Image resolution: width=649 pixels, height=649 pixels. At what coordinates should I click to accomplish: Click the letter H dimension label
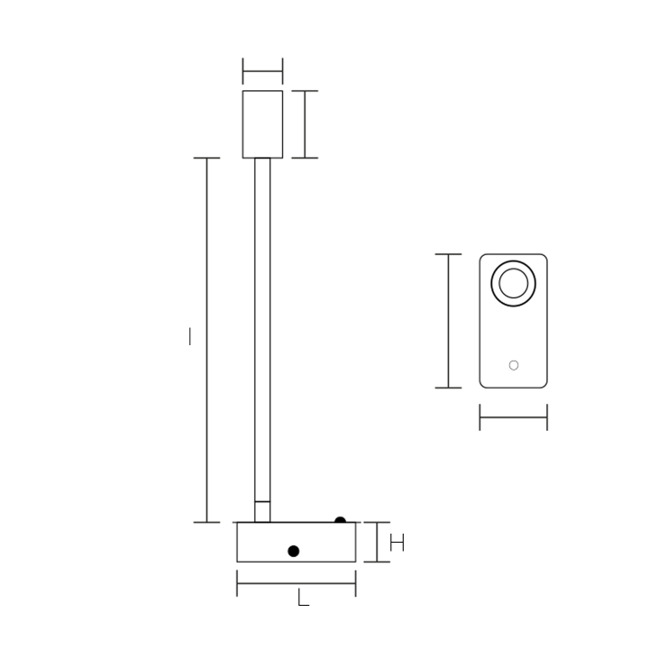click(x=397, y=543)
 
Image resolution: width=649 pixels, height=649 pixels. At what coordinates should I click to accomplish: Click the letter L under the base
click(x=303, y=598)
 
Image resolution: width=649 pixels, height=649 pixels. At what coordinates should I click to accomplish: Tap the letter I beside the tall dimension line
click(x=189, y=336)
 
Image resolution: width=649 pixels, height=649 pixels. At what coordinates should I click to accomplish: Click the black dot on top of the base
click(x=340, y=521)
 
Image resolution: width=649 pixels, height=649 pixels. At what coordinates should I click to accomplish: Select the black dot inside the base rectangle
click(x=293, y=551)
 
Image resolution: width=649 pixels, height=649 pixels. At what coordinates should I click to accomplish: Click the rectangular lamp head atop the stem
click(x=262, y=123)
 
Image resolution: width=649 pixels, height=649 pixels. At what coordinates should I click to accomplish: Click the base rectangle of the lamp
click(x=270, y=542)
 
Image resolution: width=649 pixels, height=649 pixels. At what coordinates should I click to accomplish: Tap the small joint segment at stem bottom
click(x=262, y=511)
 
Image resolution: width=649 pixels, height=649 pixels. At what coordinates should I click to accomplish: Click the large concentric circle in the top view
click(x=513, y=284)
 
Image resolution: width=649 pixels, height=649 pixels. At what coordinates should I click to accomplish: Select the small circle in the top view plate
click(x=514, y=365)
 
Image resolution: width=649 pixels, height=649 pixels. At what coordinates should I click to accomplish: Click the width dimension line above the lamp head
click(x=262, y=71)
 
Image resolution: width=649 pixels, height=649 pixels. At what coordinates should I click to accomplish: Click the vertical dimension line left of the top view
click(x=448, y=321)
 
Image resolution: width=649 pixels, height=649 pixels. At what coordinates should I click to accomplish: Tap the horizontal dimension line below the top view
click(x=513, y=417)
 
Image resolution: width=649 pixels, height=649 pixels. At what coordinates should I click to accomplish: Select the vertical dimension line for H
click(x=377, y=542)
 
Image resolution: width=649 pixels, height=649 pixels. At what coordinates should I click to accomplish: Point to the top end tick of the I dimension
click(x=207, y=158)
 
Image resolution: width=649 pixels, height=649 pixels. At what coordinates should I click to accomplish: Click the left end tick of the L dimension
click(x=237, y=583)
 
